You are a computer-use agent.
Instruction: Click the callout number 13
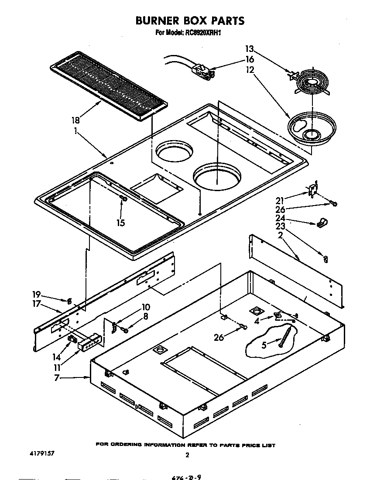(x=250, y=49)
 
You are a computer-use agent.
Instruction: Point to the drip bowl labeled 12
(x=312, y=130)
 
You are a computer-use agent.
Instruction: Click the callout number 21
(x=280, y=200)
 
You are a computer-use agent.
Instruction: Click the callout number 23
(x=280, y=226)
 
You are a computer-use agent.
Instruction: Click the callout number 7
(x=57, y=377)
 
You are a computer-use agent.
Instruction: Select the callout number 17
(x=37, y=304)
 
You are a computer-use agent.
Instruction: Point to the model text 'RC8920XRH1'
(x=205, y=33)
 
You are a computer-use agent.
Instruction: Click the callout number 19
(x=37, y=294)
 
